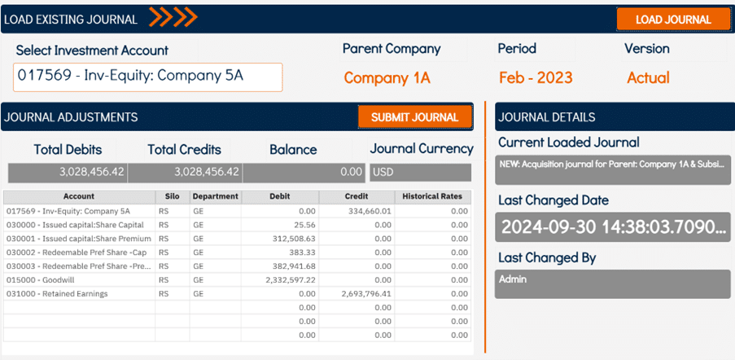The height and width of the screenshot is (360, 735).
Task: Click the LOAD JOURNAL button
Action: [x=673, y=20]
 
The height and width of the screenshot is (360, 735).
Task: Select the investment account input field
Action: [x=148, y=77]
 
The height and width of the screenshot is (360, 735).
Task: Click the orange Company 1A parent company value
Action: [x=387, y=78]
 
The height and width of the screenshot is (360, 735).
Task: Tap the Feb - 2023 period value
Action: [x=536, y=78]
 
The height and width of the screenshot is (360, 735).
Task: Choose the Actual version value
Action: [x=648, y=78]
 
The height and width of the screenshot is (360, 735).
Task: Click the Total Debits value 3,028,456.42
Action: [x=68, y=172]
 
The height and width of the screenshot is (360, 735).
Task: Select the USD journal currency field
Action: [x=420, y=172]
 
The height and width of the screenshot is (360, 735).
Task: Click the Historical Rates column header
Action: [x=432, y=196]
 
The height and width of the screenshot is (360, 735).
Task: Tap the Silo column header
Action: [x=173, y=196]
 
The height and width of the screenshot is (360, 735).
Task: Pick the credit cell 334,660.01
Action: [x=356, y=211]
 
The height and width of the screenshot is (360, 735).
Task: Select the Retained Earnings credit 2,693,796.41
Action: [x=356, y=293]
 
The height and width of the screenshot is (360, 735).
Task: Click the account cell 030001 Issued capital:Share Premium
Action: [x=79, y=239]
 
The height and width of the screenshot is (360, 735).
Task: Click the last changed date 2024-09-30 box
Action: [x=613, y=227]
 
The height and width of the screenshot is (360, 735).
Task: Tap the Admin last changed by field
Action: [x=613, y=284]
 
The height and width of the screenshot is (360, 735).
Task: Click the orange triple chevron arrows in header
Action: [x=173, y=18]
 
